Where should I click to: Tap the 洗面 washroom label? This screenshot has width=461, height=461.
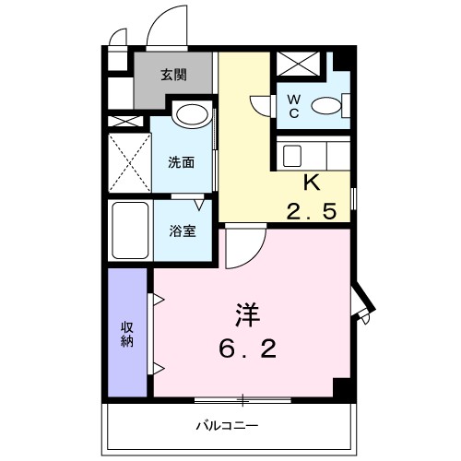(x=181, y=162)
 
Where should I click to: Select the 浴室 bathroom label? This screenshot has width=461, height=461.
(x=182, y=231)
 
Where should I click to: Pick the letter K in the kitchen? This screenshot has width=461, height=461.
(x=312, y=183)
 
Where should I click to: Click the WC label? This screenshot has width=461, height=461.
(x=290, y=105)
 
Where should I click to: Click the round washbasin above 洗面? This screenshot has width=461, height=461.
(x=192, y=115)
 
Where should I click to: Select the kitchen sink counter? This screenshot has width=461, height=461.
(x=313, y=152)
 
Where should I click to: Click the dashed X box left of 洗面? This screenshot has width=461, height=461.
(x=129, y=162)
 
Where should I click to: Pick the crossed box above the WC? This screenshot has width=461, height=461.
(x=298, y=65)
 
